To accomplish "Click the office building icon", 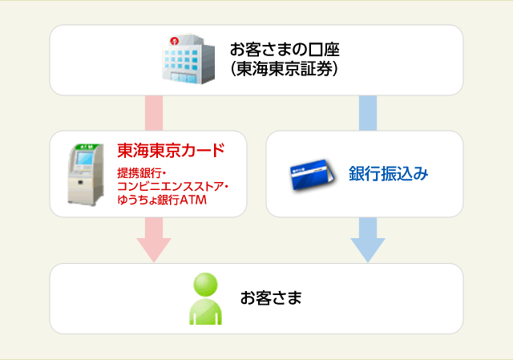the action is click(x=189, y=59).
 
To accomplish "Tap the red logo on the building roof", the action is click(x=174, y=41).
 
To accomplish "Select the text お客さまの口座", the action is click(x=285, y=50).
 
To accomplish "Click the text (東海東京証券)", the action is click(x=284, y=69).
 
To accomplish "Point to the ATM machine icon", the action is click(x=86, y=175).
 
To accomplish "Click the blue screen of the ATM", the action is click(x=84, y=158).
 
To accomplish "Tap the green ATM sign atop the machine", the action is click(x=87, y=147).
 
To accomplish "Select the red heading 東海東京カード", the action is click(x=171, y=150).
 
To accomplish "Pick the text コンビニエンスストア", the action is click(x=170, y=186).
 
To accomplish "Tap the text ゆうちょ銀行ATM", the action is click(x=162, y=200).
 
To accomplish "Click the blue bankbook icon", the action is click(x=312, y=175).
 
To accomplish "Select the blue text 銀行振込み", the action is click(x=388, y=173).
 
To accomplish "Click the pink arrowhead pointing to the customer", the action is click(x=154, y=250).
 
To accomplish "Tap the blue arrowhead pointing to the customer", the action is click(x=368, y=250).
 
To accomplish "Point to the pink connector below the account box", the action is click(x=154, y=113).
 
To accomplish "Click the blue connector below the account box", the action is click(x=368, y=113).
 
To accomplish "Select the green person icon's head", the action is click(x=205, y=285).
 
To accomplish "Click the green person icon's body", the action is click(x=205, y=311).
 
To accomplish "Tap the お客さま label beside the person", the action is click(x=271, y=297).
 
